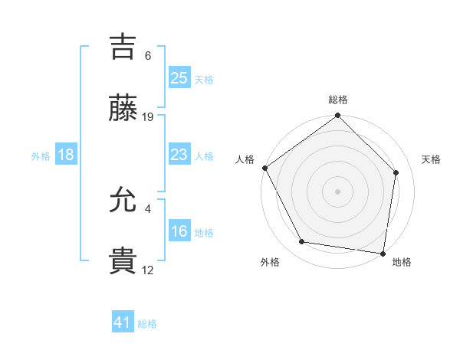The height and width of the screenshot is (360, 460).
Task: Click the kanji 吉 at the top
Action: (123, 47)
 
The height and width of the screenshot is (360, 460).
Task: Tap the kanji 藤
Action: (123, 109)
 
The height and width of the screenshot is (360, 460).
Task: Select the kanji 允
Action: (123, 201)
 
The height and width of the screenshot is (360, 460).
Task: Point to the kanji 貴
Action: (123, 263)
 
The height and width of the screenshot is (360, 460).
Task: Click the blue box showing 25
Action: (179, 78)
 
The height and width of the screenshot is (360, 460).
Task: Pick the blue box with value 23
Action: (179, 155)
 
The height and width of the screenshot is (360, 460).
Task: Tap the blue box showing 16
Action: (179, 232)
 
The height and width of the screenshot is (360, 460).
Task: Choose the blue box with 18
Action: (66, 155)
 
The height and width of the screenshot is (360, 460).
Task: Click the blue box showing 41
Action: (123, 323)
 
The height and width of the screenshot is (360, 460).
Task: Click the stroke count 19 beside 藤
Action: (149, 117)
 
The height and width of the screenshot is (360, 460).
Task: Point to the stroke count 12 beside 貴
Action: (148, 270)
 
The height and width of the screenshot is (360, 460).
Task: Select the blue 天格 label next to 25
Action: (204, 80)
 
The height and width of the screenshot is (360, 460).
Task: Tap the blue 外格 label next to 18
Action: (41, 156)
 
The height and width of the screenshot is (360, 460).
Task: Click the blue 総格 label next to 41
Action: (147, 325)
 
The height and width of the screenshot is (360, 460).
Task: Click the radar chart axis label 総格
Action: (338, 100)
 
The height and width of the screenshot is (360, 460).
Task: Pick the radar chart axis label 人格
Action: (245, 159)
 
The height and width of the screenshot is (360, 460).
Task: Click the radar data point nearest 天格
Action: (396, 172)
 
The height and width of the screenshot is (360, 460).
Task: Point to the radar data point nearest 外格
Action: (302, 242)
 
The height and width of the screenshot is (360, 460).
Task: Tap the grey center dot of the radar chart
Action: (338, 191)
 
